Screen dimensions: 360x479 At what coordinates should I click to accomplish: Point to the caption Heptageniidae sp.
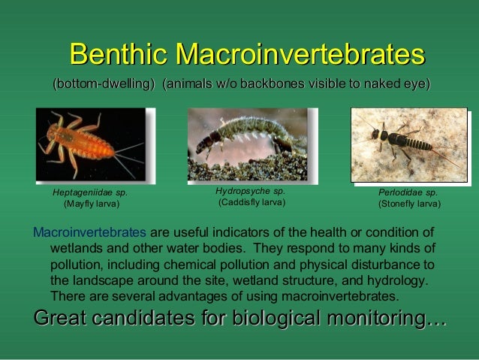[89, 192]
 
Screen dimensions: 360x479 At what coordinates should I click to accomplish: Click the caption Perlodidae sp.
[408, 192]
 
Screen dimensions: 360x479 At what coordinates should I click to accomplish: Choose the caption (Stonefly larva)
[409, 204]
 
